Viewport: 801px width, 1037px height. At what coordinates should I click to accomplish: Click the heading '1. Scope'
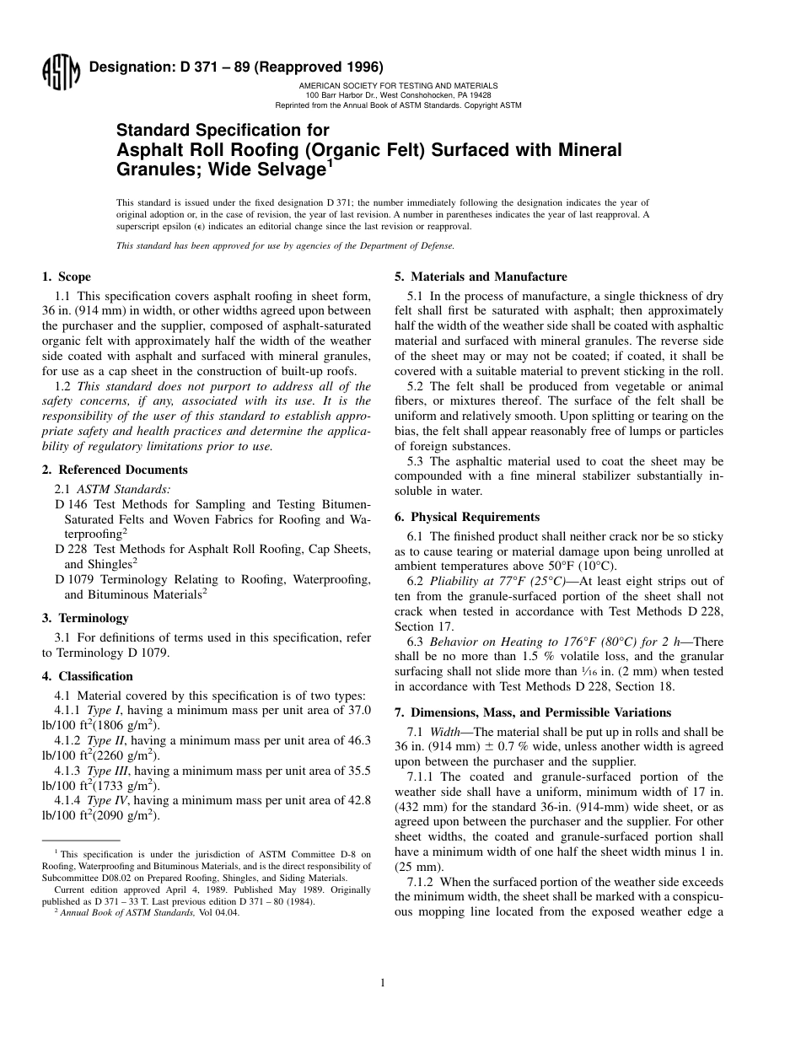tap(67, 277)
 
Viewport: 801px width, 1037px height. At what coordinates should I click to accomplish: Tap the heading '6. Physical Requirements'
tap(467, 517)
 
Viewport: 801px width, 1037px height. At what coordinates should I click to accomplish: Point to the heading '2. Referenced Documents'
tap(115, 470)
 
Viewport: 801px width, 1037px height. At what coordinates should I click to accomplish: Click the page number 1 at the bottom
tap(383, 982)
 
